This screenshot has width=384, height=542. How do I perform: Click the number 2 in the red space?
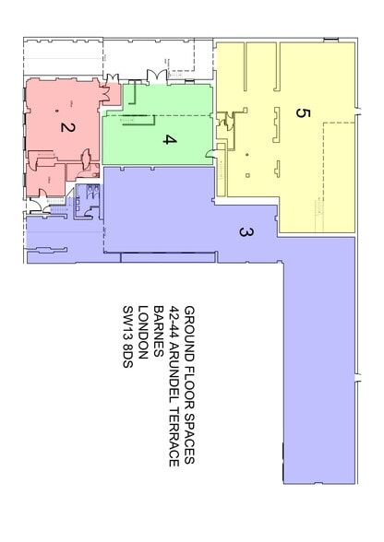click(66, 128)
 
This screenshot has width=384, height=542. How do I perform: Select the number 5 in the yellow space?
click(300, 112)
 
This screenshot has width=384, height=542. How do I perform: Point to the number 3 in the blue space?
click(246, 233)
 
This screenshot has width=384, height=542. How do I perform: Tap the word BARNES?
click(159, 333)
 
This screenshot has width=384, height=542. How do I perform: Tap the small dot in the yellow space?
click(247, 152)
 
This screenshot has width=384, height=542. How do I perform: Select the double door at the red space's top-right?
click(108, 89)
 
